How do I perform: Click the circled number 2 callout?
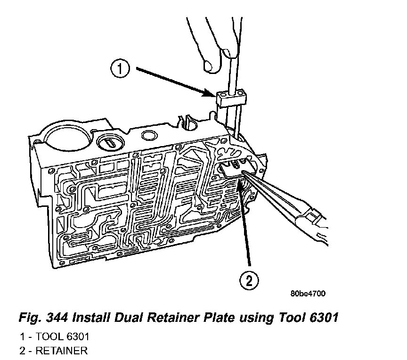coord(249,281)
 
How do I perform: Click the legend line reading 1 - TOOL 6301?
coord(54,337)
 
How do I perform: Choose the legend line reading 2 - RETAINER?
coord(53,351)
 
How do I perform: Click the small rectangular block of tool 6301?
coord(232,98)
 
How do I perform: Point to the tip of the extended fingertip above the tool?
coord(207,65)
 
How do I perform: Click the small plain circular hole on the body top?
coord(150,137)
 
